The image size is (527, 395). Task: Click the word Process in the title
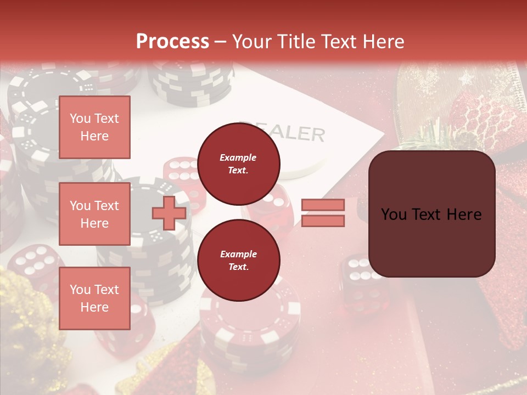click(172, 41)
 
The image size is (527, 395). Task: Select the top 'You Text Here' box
click(94, 127)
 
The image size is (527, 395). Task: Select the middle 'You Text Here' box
click(94, 214)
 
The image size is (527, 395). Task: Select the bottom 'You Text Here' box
click(94, 298)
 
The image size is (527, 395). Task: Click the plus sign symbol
click(169, 213)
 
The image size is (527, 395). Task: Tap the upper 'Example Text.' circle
click(238, 164)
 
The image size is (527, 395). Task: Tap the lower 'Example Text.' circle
click(238, 261)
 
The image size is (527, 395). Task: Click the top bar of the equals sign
click(323, 205)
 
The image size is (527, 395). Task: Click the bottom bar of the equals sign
click(323, 221)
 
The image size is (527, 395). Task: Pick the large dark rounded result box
click(431, 214)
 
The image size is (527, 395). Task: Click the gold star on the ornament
click(467, 78)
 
